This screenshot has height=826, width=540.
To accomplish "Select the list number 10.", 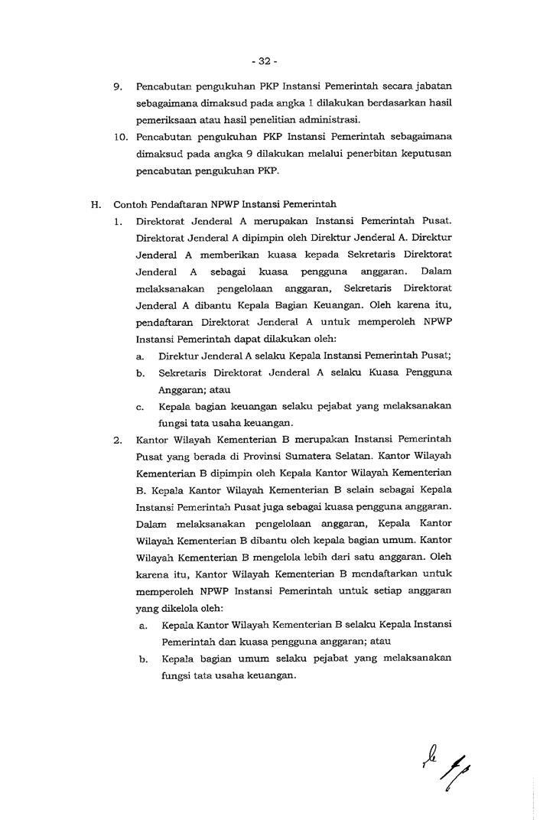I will point(120,137).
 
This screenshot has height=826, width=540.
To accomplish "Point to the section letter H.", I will point(96,204).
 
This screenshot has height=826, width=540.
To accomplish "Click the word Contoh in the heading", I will point(130,204).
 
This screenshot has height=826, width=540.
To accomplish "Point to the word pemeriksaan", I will point(164,120).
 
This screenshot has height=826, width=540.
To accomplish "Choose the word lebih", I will point(320,558).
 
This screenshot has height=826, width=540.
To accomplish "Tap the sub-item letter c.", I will point(140,406).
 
